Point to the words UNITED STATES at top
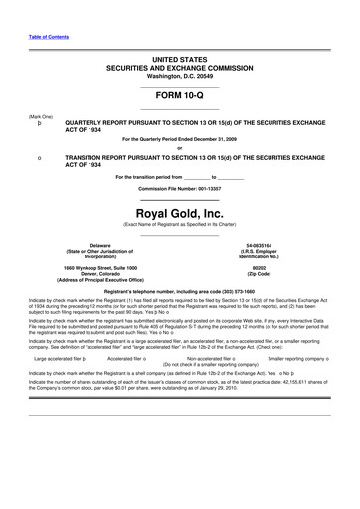179,60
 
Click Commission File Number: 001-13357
179,188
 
